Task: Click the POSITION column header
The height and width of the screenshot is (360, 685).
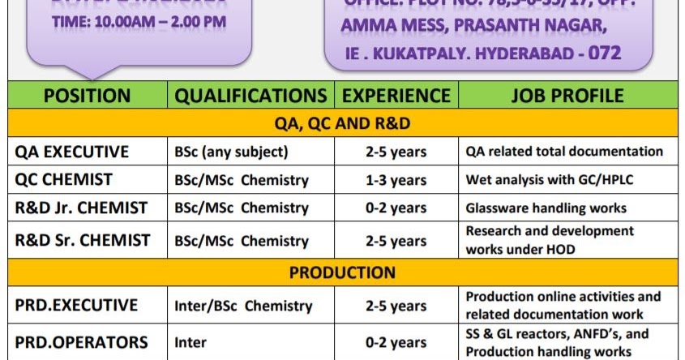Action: [x=87, y=96]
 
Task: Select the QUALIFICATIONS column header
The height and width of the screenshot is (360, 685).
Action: [x=251, y=96]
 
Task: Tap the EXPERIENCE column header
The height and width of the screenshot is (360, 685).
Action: [x=396, y=96]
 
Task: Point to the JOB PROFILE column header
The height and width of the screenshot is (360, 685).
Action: [x=567, y=96]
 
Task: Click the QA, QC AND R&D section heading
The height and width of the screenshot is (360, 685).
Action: [x=342, y=123]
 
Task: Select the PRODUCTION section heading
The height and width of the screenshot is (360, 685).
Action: [x=342, y=272]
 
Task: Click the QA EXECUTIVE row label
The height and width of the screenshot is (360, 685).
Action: [x=72, y=152]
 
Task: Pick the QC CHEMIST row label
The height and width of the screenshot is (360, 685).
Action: [x=64, y=179]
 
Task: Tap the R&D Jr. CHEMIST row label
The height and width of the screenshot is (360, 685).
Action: [x=81, y=208]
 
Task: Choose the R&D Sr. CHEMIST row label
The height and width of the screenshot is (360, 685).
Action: [x=82, y=240]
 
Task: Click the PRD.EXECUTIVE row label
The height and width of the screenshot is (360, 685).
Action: [x=76, y=306]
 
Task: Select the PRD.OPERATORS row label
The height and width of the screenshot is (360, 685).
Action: [x=81, y=342]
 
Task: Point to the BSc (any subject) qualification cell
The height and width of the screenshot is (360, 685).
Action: [x=230, y=152]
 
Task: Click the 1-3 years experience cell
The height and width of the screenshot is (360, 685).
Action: [x=396, y=180]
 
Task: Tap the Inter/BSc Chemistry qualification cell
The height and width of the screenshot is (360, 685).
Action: [x=243, y=306]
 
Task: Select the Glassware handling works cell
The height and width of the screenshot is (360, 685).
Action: [x=546, y=208]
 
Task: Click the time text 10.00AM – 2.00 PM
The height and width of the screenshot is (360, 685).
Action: [x=139, y=22]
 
